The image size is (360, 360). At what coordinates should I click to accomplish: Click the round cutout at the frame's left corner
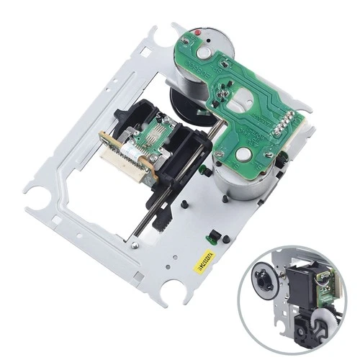point(35,192)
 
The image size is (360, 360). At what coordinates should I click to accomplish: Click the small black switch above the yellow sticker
point(212,238)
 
